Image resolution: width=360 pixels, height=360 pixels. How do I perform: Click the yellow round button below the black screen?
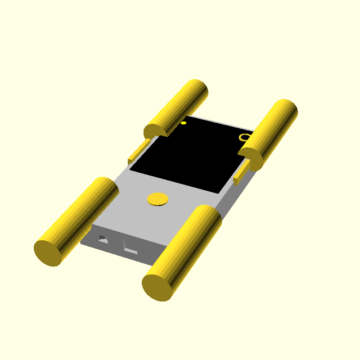tap(158, 199)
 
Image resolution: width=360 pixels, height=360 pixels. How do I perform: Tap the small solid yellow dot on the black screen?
tap(184, 122)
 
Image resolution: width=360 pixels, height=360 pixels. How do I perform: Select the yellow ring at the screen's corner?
tap(244, 137)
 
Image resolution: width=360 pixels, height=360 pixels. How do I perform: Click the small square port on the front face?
tap(103, 238)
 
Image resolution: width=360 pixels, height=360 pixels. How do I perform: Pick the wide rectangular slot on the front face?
tap(131, 250)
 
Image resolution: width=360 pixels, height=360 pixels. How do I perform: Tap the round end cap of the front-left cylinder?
tap(47, 253)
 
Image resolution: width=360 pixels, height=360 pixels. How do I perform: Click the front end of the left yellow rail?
tap(130, 161)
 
